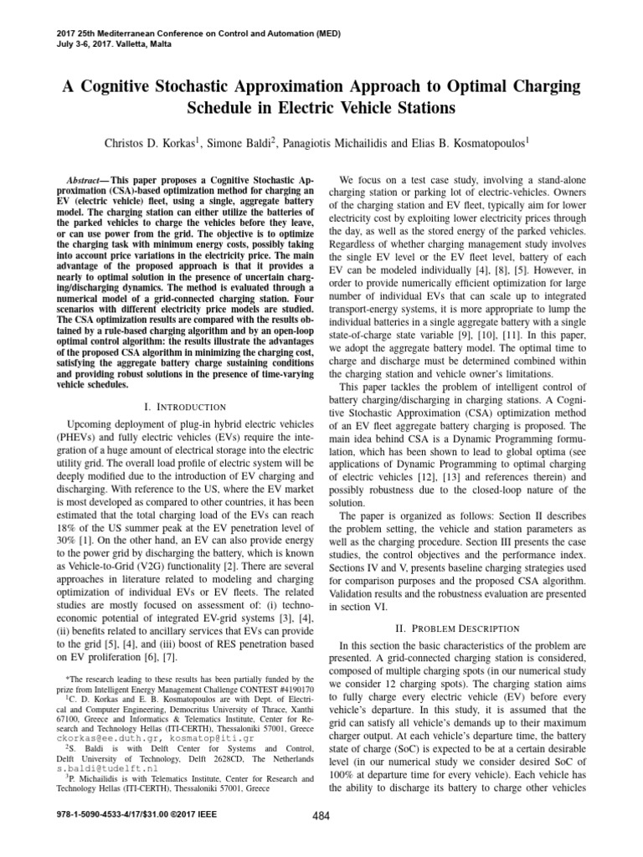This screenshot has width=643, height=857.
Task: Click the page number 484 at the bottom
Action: pos(321,839)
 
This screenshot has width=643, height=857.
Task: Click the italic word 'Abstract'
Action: pos(85,181)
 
